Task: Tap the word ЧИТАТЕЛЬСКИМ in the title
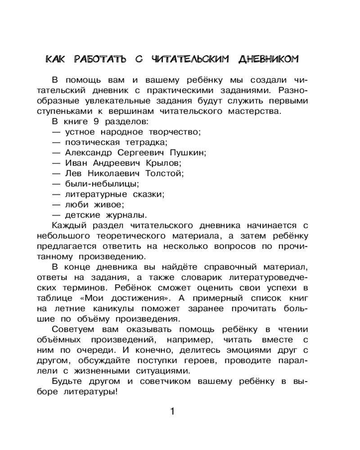click(190, 59)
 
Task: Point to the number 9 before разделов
click(95, 121)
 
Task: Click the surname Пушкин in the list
click(187, 152)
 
